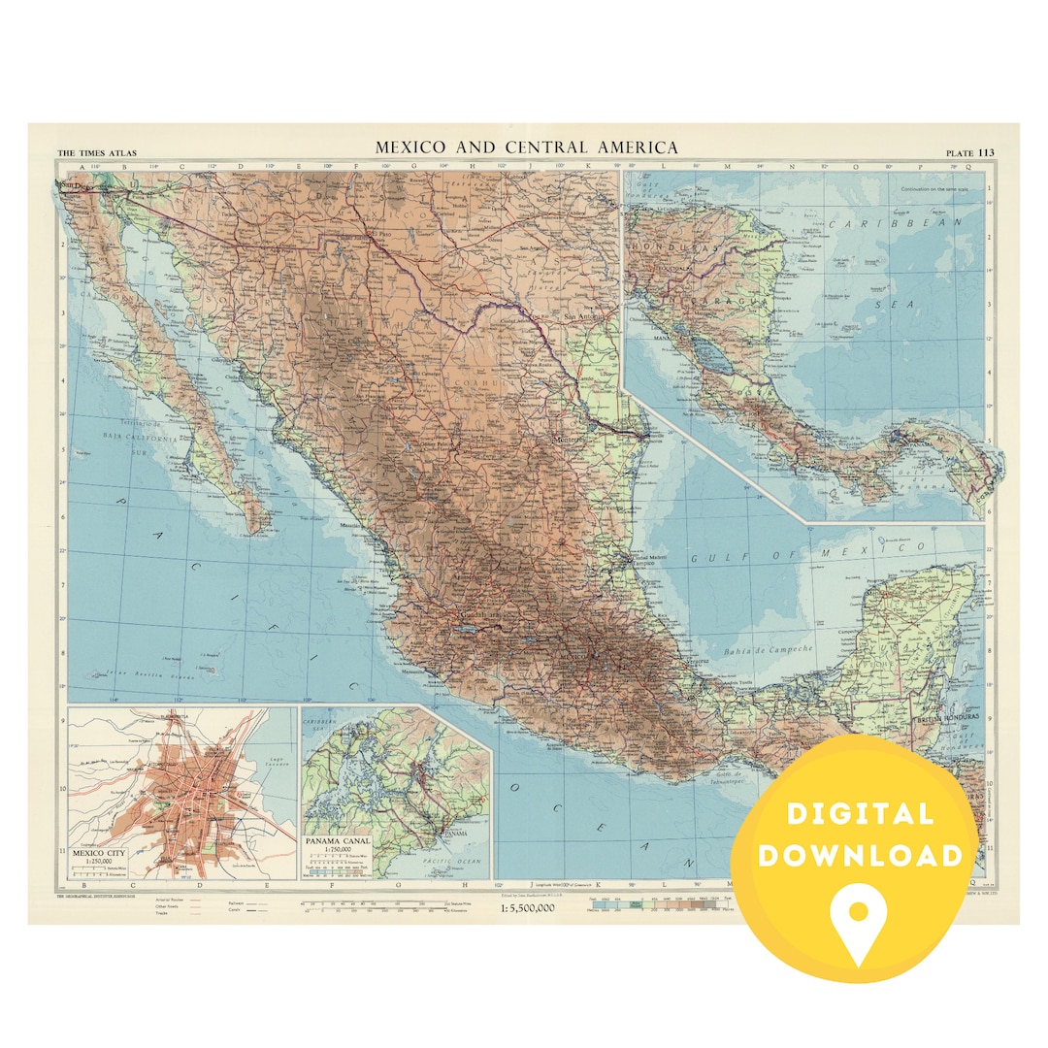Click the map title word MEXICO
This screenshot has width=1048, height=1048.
tap(410, 147)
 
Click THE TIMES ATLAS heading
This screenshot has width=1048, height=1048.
tap(96, 153)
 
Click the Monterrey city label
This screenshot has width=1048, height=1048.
tap(571, 440)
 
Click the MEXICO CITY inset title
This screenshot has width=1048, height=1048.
tap(102, 854)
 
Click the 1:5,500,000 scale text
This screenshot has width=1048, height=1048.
tap(528, 909)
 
